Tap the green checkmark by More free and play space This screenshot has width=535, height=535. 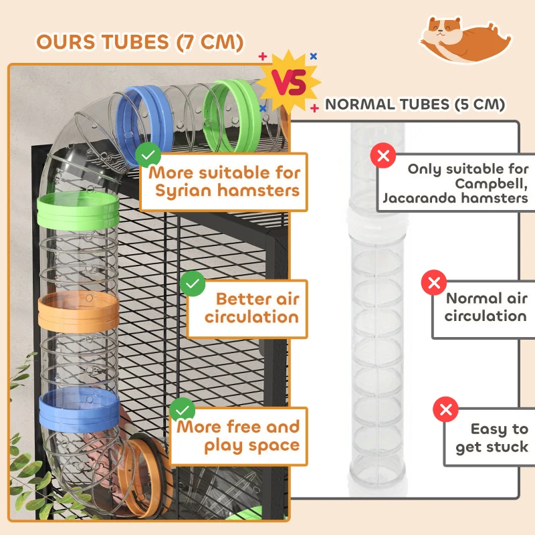(x=182, y=411)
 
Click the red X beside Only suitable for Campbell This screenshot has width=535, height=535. (x=383, y=156)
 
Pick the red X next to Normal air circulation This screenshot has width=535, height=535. (x=433, y=282)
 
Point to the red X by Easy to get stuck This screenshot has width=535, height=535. (x=445, y=409)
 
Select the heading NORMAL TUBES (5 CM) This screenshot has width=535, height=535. (x=415, y=104)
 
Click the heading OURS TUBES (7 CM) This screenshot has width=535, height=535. (x=139, y=41)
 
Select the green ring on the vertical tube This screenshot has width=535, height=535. (x=78, y=210)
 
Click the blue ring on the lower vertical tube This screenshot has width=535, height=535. (x=79, y=411)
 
